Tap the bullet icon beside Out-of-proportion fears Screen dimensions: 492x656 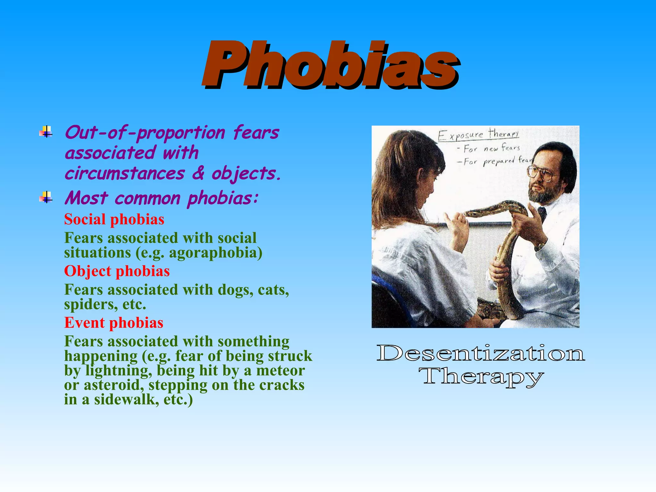[46, 132]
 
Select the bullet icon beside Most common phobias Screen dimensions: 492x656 [46, 197]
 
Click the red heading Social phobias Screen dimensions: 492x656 [114, 220]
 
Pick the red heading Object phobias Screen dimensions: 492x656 [117, 271]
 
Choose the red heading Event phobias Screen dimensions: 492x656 [114, 323]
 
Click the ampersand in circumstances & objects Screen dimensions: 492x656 [198, 173]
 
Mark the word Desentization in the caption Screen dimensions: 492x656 [480, 353]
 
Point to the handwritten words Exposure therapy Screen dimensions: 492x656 [479, 135]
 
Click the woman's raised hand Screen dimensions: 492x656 [456, 229]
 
